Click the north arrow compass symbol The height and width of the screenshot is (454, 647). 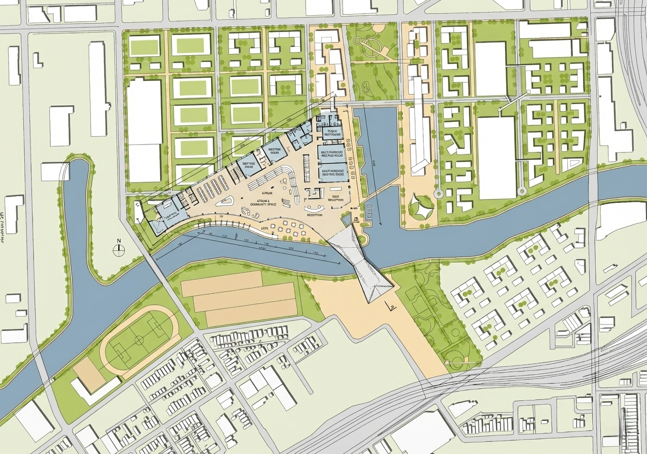(119, 250)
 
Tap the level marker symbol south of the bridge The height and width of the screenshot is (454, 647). (390, 306)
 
